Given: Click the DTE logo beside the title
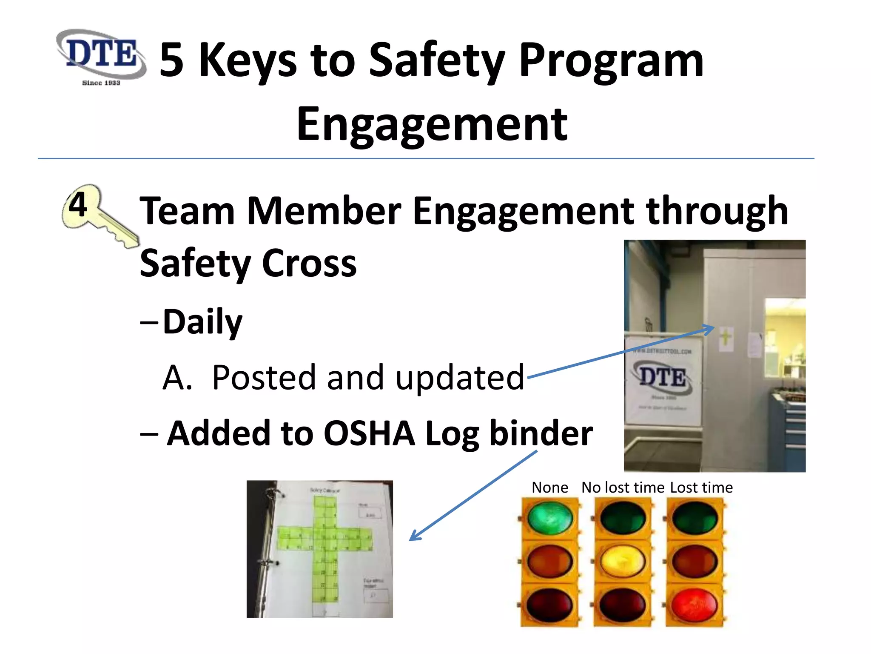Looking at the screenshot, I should pyautogui.click(x=101, y=56).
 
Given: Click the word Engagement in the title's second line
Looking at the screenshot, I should pyautogui.click(x=432, y=124).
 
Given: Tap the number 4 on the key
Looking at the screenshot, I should pyautogui.click(x=78, y=204).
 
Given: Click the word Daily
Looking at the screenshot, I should pyautogui.click(x=202, y=322).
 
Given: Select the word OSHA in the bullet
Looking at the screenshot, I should pyautogui.click(x=369, y=433).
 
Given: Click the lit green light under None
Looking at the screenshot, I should pyautogui.click(x=549, y=518).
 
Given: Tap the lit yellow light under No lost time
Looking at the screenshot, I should pyautogui.click(x=622, y=561).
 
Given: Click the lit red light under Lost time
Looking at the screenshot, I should pyautogui.click(x=695, y=605).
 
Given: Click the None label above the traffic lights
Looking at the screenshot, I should pyautogui.click(x=549, y=488).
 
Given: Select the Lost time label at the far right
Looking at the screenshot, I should pyautogui.click(x=701, y=488).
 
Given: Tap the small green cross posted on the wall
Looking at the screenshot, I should pyautogui.click(x=726, y=338).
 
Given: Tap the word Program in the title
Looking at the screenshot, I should pyautogui.click(x=611, y=60).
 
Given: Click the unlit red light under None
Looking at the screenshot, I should pyautogui.click(x=549, y=605).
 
